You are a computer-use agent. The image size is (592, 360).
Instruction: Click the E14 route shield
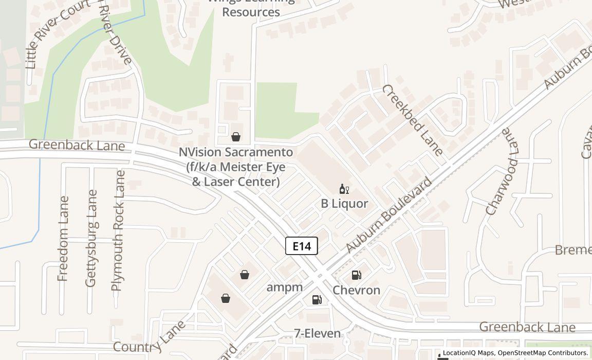pos(302,246)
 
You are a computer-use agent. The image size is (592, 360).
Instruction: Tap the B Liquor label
pos(344,204)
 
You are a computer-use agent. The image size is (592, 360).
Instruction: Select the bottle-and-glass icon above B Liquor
pos(344,189)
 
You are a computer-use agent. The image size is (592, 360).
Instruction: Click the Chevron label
pos(356,290)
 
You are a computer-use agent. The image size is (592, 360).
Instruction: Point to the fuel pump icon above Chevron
pos(356,275)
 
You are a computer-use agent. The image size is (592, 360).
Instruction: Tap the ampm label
pos(284,287)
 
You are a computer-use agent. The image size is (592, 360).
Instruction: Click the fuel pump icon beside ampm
pos(317,299)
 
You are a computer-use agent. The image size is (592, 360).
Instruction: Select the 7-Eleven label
pos(317,333)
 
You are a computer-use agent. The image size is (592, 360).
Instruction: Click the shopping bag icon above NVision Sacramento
pos(236,137)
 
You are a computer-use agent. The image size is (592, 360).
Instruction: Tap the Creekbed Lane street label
pos(412,120)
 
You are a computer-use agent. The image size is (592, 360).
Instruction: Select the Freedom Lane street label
pos(64,239)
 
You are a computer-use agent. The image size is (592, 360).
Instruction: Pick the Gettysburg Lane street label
pos(91,238)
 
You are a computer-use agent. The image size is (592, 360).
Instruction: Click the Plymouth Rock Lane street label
pos(118,230)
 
